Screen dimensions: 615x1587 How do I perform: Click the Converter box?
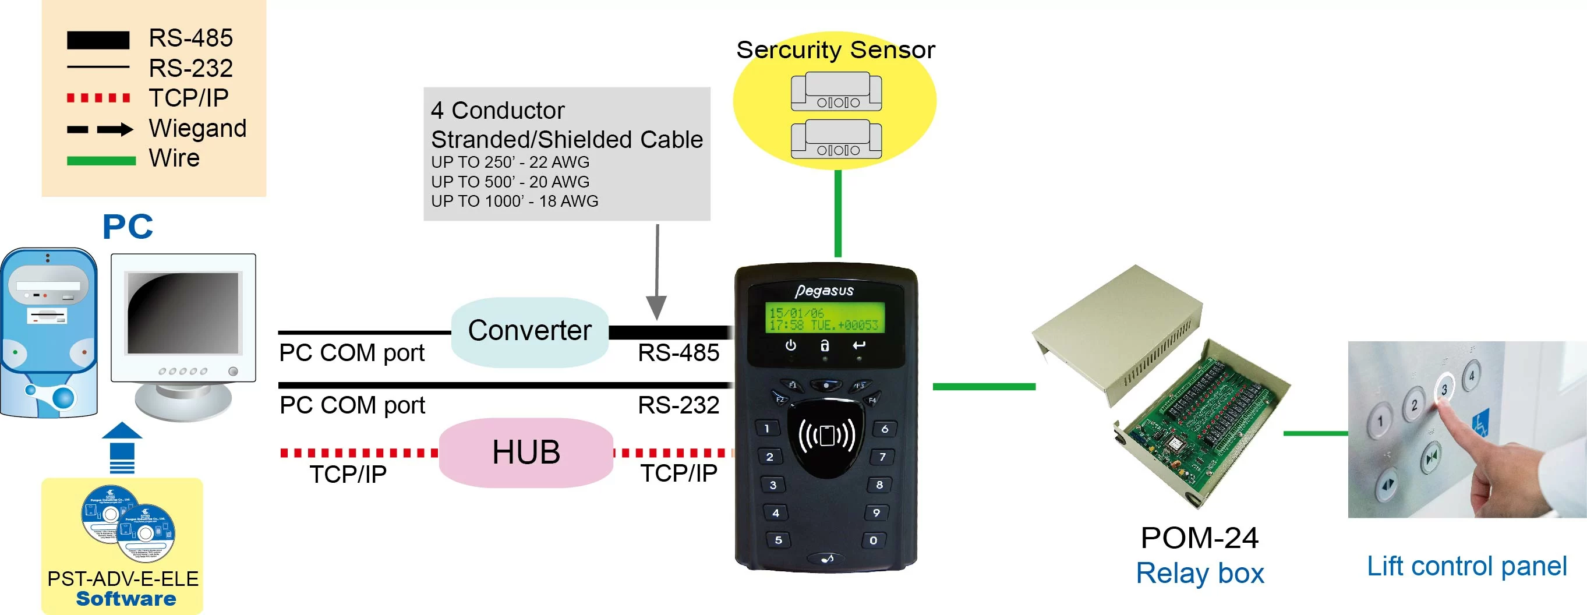coord(530,331)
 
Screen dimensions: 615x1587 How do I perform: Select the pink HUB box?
coord(525,453)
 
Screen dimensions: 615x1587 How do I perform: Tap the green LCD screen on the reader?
coord(824,318)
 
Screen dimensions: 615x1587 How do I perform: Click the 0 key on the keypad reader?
coord(873,540)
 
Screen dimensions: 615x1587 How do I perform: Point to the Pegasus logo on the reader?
coord(824,290)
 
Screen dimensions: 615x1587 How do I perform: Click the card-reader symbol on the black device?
coord(826,436)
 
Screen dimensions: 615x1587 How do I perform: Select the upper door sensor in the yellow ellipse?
coord(836,91)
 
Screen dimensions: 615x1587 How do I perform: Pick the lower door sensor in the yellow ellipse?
coord(836,139)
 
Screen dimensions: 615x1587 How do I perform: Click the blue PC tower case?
coord(49,333)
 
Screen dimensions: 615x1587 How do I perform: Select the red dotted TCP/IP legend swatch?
coord(98,98)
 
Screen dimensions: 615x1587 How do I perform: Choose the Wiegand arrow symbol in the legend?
coord(99,129)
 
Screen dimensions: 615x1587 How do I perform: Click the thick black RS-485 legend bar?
coord(98,40)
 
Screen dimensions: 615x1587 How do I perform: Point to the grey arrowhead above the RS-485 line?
coord(656,306)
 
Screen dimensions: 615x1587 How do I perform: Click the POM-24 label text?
coord(1199,538)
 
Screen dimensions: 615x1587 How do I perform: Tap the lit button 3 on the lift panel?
coord(1444,389)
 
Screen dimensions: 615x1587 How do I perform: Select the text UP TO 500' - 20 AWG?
coord(510,182)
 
